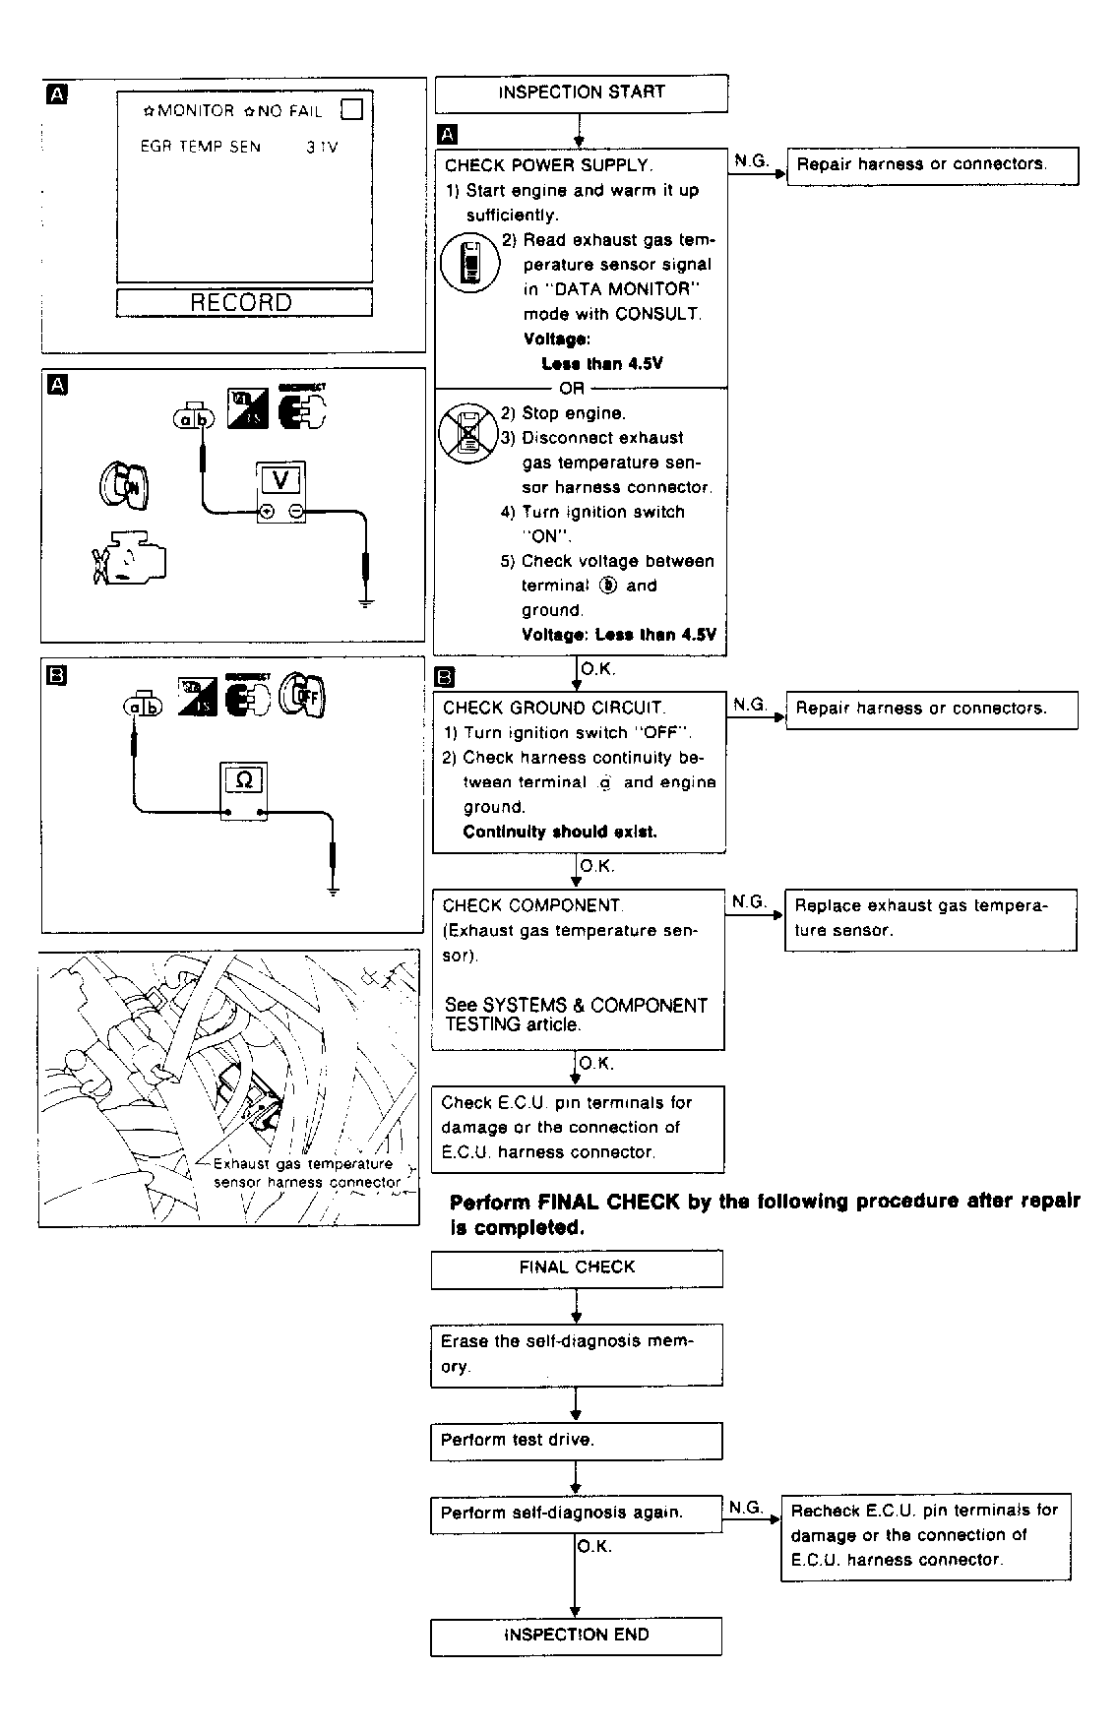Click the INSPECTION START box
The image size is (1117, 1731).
click(x=581, y=93)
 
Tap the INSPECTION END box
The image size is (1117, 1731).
click(x=576, y=1636)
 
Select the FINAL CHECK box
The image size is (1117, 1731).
click(x=577, y=1268)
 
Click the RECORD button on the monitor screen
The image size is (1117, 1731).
click(x=243, y=303)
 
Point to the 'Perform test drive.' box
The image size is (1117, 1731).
click(x=576, y=1441)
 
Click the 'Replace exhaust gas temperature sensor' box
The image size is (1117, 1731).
click(x=930, y=919)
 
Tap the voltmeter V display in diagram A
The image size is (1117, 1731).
click(x=281, y=480)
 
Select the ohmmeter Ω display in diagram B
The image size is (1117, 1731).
click(x=244, y=780)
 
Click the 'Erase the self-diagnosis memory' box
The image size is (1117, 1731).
click(x=576, y=1354)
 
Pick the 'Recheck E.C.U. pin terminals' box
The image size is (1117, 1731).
click(x=925, y=1536)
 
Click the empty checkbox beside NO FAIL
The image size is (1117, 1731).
click(x=351, y=109)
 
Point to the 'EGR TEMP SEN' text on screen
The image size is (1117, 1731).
click(x=201, y=148)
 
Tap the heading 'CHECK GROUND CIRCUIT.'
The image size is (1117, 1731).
click(x=554, y=708)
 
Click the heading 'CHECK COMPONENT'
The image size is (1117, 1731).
click(x=531, y=905)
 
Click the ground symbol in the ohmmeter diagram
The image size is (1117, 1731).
click(x=334, y=891)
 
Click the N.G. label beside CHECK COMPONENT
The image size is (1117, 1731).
click(x=749, y=901)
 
